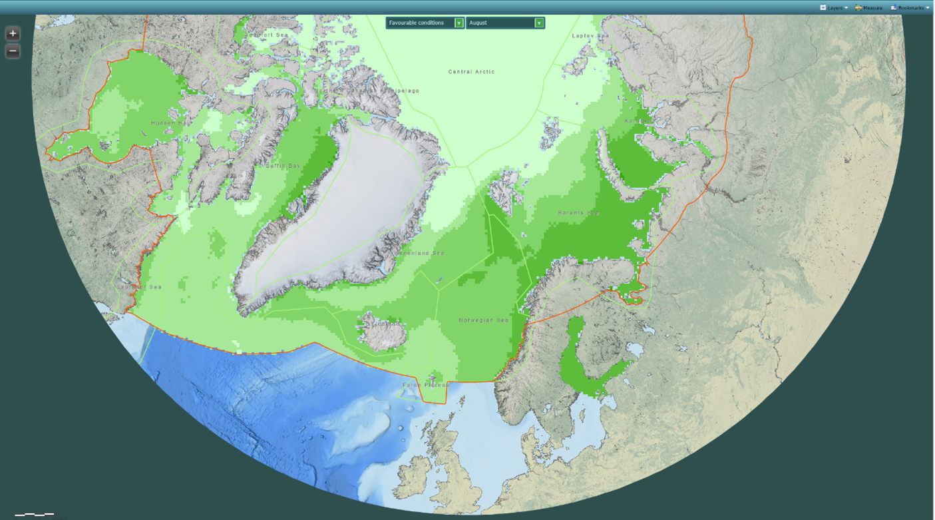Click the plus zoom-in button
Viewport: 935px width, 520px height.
click(13, 33)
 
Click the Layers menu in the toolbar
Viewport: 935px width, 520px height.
click(835, 7)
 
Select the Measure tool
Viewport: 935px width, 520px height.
click(869, 7)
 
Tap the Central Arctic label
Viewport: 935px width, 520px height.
click(471, 72)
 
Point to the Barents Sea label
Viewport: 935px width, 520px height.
click(578, 213)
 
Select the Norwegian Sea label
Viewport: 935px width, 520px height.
click(483, 320)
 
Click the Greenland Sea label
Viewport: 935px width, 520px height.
click(421, 254)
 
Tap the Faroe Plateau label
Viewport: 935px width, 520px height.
click(425, 385)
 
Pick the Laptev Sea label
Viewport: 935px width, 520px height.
click(590, 35)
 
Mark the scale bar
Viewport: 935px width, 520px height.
click(35, 514)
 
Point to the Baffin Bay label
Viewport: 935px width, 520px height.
click(281, 166)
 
